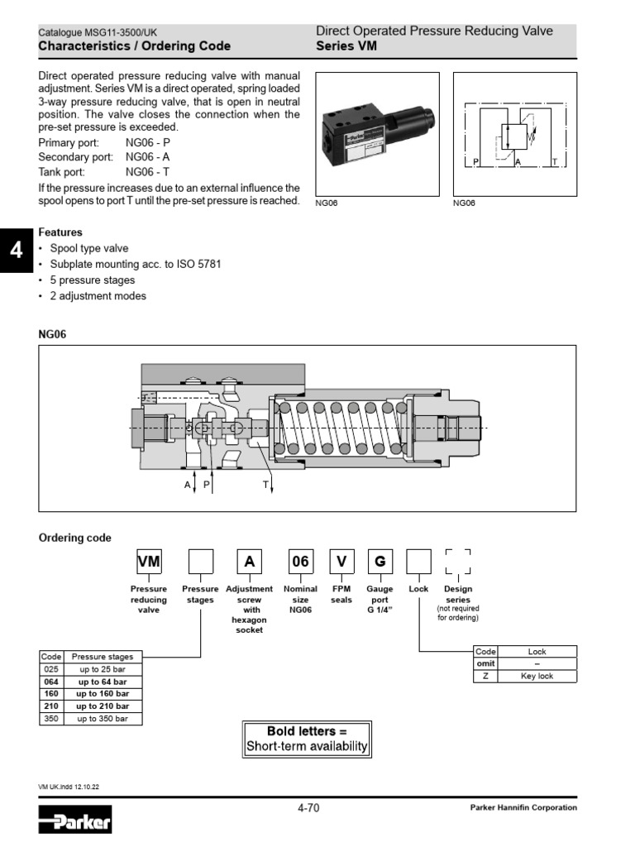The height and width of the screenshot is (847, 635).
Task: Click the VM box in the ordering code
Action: [x=149, y=562]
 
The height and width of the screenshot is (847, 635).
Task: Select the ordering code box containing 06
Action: [x=299, y=562]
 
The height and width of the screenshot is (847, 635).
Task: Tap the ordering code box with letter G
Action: [x=380, y=562]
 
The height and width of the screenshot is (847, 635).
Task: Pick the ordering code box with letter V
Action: [x=341, y=562]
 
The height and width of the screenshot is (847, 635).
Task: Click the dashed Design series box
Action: [x=458, y=562]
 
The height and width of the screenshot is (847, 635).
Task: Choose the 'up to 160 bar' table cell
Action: [x=103, y=694]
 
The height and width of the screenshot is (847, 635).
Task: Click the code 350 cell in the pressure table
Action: [x=51, y=719]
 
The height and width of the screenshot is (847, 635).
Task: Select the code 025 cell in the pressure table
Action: [x=51, y=669]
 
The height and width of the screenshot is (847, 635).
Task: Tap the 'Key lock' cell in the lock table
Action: [x=537, y=676]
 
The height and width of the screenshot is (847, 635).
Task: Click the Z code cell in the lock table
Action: [x=485, y=676]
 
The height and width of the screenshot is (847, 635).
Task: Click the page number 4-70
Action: [x=308, y=807]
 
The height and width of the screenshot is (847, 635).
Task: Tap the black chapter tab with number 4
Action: [x=14, y=249]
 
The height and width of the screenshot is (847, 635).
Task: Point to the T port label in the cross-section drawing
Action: [x=265, y=485]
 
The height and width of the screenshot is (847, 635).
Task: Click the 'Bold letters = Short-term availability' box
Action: [x=307, y=739]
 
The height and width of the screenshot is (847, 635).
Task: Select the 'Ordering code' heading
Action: [x=75, y=538]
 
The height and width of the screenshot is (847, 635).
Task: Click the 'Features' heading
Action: [x=60, y=232]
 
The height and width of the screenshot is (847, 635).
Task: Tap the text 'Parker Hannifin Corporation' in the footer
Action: [x=523, y=807]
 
